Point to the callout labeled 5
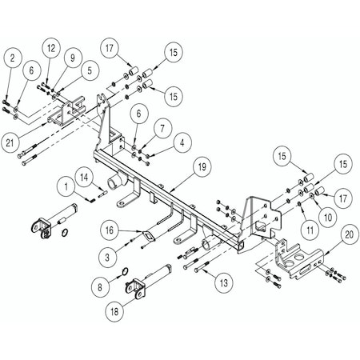click(86, 70)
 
